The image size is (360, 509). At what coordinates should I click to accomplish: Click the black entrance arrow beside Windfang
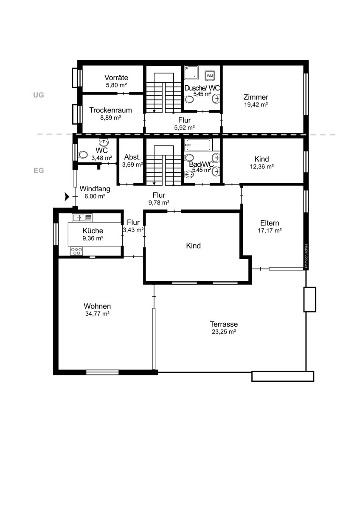pos(66,196)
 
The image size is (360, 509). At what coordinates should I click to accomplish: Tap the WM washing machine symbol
pos(210,76)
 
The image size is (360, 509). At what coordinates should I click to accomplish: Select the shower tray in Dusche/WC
pos(191,73)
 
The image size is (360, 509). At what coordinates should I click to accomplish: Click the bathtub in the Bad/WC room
pos(198,145)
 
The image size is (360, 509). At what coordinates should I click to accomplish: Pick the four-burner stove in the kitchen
pos(76,251)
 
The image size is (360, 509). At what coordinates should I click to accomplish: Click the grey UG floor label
pos(39,95)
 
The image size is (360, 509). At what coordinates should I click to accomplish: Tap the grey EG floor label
pos(39,171)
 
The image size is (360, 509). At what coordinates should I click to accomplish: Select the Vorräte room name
pos(116,78)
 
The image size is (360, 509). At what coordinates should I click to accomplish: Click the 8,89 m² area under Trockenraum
pos(110,117)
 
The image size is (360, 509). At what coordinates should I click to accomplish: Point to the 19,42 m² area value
pos(256,104)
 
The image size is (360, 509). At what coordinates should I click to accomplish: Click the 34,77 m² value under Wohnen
pos(97,314)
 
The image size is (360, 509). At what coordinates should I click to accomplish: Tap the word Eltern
pos(270,223)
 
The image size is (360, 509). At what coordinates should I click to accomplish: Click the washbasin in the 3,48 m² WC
pos(104,143)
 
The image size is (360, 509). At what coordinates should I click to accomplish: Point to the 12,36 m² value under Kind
pos(262,167)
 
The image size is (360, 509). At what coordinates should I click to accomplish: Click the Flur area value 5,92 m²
pos(184,127)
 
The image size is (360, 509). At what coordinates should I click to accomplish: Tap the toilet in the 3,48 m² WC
pos(82,155)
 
